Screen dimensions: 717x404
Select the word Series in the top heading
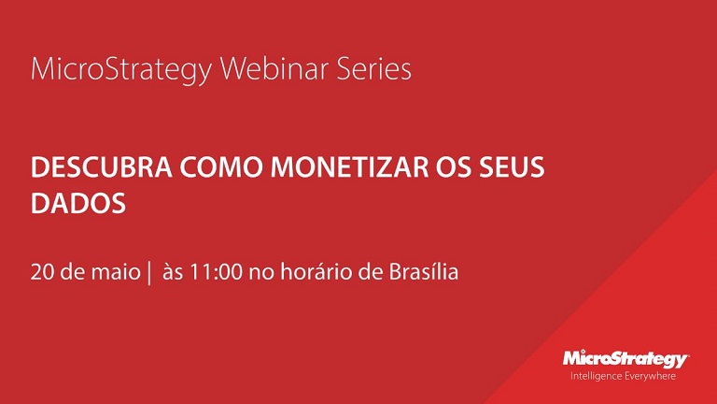(x=373, y=69)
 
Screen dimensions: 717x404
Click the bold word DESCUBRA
(x=102, y=167)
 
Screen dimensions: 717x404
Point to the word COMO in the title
(x=221, y=167)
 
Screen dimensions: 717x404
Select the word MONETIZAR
(x=350, y=167)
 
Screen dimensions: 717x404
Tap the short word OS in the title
(x=454, y=167)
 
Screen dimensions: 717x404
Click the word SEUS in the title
(x=512, y=167)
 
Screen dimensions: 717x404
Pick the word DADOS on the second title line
(x=78, y=203)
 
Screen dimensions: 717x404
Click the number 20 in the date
(x=43, y=272)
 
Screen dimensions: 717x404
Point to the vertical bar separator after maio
(x=149, y=273)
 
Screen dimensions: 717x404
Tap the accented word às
(x=173, y=272)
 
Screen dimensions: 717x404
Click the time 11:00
(x=216, y=272)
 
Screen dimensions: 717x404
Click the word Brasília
(x=424, y=271)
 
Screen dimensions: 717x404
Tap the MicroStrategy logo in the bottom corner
(x=626, y=359)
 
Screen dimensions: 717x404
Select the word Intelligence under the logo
(x=596, y=377)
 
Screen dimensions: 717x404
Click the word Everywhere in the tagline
(x=650, y=377)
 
